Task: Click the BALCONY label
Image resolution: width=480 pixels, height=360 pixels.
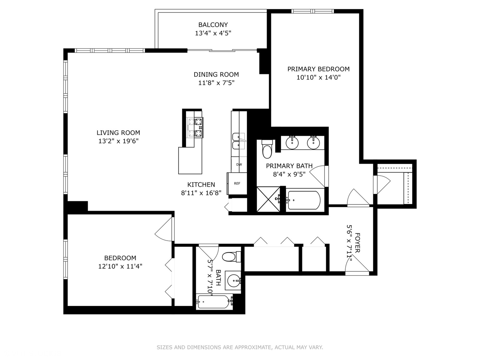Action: point(213,25)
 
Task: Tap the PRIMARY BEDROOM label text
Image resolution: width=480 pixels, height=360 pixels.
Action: point(318,69)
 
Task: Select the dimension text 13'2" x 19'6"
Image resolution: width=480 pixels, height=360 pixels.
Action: point(118,141)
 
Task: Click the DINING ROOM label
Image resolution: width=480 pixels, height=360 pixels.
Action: point(216,75)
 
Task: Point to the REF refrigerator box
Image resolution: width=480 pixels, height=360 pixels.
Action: point(237,183)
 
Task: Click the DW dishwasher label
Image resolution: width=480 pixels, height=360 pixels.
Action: point(239,164)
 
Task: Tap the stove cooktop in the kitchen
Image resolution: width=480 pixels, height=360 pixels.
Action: point(195,128)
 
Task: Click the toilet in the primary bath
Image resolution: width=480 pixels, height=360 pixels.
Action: point(267,149)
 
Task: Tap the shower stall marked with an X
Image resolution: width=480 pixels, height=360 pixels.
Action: point(268,199)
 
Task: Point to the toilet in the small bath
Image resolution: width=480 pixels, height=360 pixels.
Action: point(231,256)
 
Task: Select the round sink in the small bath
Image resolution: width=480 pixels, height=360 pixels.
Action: point(234,280)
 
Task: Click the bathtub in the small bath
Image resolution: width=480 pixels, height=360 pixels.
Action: point(214,302)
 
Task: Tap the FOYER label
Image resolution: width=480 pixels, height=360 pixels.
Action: point(357,243)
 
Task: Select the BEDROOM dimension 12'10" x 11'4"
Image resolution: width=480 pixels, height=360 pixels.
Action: point(120,266)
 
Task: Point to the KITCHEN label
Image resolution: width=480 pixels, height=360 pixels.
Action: point(201,185)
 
